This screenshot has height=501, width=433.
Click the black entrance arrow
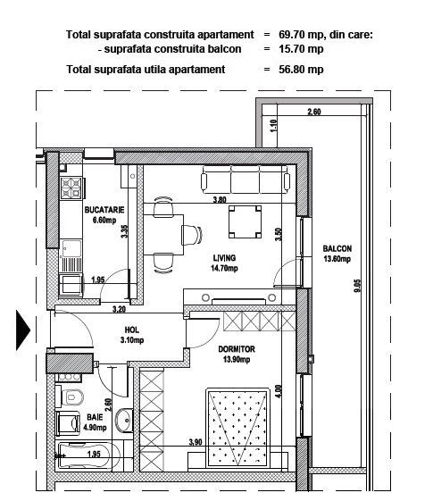click(22, 330)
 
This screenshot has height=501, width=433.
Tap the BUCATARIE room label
click(104, 214)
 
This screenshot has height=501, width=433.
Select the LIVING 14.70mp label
click(224, 263)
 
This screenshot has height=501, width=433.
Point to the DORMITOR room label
click(237, 354)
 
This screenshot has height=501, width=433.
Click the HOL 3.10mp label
click(132, 335)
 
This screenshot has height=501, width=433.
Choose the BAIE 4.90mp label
click(95, 422)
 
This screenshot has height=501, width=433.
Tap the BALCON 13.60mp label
click(337, 254)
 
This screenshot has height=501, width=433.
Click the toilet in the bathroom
click(70, 397)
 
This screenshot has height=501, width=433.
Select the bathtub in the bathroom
click(88, 455)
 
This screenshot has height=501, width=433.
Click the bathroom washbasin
click(124, 421)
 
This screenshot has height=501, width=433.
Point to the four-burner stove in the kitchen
click(71, 188)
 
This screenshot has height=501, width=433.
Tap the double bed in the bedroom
click(237, 428)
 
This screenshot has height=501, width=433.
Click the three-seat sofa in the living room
click(246, 180)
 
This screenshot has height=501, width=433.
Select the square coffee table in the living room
click(245, 222)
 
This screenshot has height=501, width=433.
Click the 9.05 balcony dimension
click(357, 286)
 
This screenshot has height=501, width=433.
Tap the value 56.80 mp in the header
click(301, 70)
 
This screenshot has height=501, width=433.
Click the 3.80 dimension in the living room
click(220, 200)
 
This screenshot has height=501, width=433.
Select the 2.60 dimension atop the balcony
click(314, 112)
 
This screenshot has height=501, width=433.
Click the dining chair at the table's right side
click(192, 235)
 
